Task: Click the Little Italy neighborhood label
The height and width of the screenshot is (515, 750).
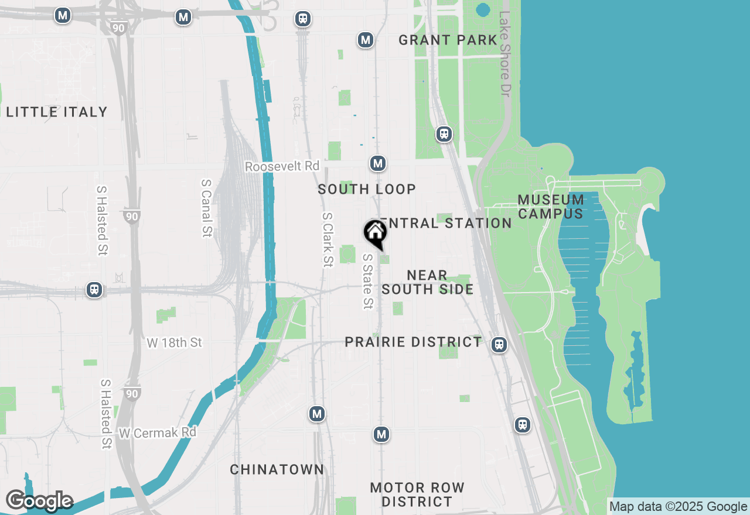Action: point(57,112)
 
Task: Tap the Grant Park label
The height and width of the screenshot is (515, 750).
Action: point(448,40)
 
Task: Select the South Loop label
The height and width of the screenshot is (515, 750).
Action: point(367,189)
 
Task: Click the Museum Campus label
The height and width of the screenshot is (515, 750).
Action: point(551,207)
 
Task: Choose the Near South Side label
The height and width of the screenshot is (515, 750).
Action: point(428,282)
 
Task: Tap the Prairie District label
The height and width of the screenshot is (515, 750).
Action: point(413,342)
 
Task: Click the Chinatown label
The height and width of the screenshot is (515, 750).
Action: point(277,469)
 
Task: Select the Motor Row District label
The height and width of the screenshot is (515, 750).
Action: point(417,495)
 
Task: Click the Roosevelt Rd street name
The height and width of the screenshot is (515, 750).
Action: point(282,167)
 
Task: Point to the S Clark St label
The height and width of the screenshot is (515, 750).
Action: point(327,239)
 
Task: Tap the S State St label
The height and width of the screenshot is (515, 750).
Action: point(367,281)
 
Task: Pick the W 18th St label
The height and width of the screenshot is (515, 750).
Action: point(174,342)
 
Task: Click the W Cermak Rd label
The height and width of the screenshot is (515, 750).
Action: point(157,433)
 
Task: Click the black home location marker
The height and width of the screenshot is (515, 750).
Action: point(376,232)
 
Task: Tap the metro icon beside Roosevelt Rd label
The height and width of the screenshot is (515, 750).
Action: point(378,163)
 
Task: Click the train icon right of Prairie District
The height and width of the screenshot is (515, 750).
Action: point(499,345)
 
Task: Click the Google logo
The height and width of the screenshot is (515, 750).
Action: point(39,501)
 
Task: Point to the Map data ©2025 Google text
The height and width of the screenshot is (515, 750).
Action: point(679,507)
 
